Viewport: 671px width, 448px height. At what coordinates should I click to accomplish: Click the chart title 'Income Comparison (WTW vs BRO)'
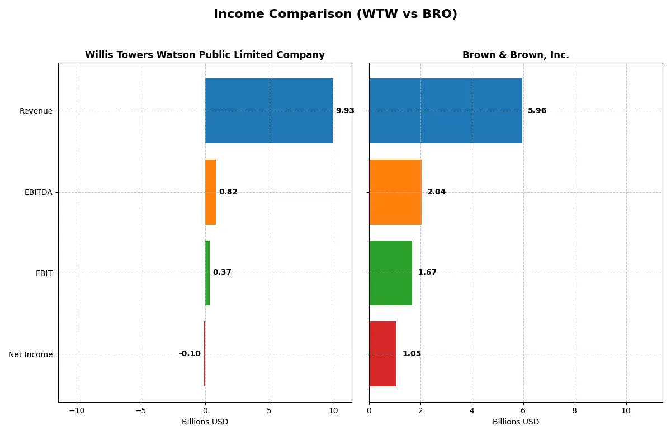335,15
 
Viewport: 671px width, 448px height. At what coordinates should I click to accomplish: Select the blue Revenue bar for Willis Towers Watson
269,111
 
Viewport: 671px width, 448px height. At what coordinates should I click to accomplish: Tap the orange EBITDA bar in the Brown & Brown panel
395,192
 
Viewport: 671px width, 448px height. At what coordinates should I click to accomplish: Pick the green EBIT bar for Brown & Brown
390,273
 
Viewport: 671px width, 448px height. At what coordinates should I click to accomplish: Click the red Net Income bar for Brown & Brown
382,354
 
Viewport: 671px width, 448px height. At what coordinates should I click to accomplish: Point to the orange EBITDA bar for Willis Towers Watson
210,192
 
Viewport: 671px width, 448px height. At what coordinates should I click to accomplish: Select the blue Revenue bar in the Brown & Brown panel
445,111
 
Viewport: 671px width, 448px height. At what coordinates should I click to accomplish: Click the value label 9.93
345,111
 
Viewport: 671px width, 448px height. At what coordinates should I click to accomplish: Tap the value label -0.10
190,354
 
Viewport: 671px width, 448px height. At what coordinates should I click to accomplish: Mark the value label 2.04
436,192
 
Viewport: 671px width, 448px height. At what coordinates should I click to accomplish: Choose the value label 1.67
427,273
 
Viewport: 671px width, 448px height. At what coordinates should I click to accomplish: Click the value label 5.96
537,111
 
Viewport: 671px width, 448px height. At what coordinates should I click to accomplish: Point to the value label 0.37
222,273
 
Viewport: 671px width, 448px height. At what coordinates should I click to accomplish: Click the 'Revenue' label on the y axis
36,111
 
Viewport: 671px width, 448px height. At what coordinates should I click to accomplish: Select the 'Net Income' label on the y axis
31,354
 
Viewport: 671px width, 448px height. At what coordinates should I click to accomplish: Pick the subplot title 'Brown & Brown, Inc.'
516,55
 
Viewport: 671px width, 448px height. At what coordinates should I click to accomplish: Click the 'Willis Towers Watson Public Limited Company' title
205,55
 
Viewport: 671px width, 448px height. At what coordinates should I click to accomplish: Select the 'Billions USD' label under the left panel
205,422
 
